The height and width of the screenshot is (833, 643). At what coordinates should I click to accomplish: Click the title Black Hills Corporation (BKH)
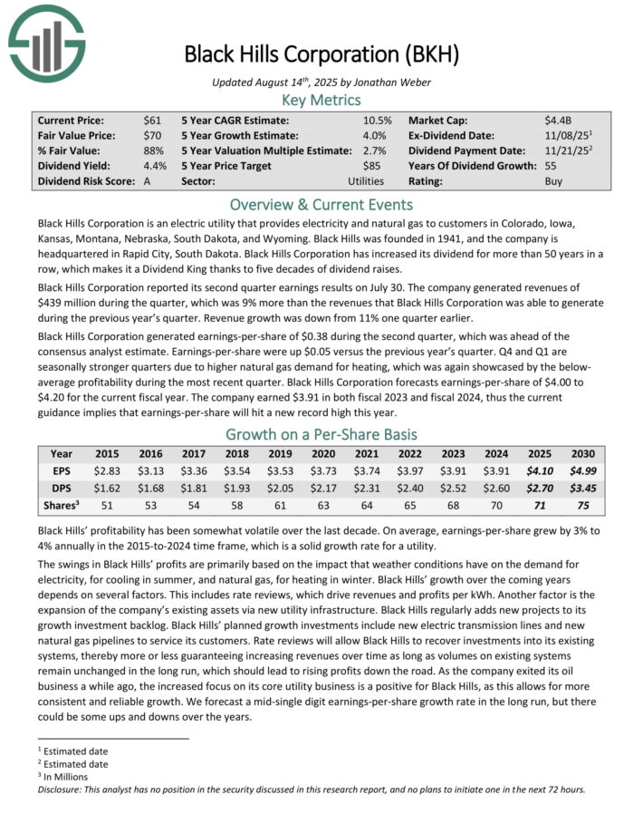coord(321,53)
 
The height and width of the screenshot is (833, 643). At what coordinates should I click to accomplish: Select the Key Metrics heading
coord(321,100)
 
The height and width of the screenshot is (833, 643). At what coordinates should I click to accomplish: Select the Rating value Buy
coord(553,181)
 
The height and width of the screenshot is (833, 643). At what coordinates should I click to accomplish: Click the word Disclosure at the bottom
coord(62,789)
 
